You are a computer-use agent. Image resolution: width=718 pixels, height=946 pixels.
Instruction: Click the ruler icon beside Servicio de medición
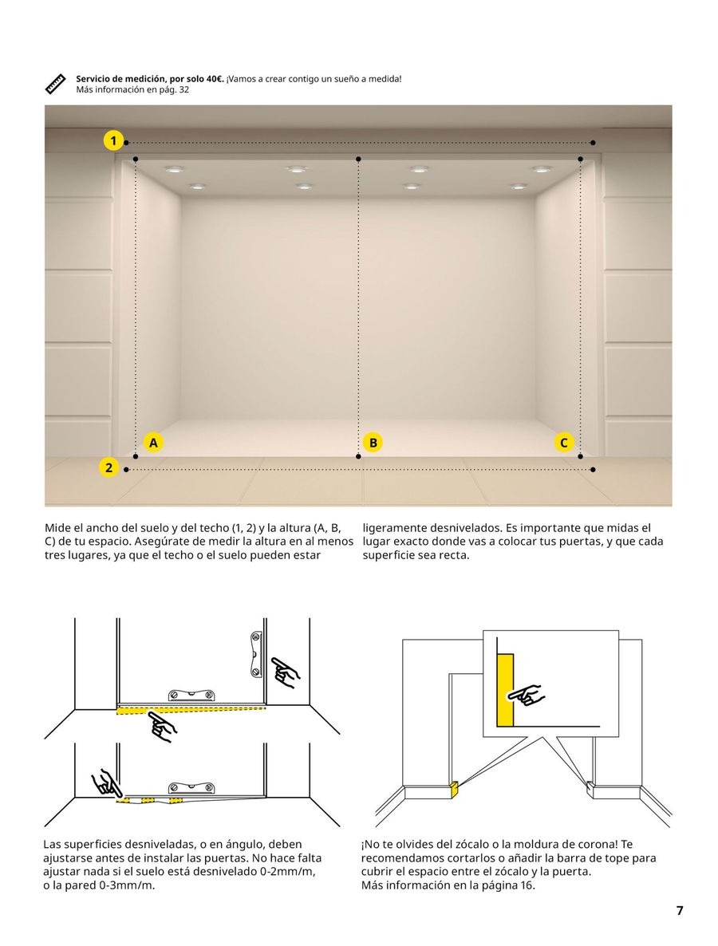tap(55, 84)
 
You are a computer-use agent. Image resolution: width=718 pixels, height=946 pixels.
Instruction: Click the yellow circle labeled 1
tap(113, 141)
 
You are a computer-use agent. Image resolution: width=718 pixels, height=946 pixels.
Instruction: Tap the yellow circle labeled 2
tap(109, 467)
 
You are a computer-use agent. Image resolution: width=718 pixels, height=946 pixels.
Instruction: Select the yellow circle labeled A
tap(153, 442)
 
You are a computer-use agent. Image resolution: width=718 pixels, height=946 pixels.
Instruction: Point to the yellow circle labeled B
tap(372, 442)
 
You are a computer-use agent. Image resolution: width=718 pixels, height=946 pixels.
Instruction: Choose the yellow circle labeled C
tap(564, 442)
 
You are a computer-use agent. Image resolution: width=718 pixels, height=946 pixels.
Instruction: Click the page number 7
tap(680, 910)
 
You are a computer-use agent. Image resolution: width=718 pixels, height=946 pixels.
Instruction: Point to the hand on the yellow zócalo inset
tap(527, 694)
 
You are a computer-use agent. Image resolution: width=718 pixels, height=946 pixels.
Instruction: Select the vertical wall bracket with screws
tap(256, 654)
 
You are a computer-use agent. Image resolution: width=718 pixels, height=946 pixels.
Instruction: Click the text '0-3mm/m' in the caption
tap(128, 885)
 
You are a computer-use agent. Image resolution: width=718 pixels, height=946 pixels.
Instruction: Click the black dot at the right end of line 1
tap(593, 143)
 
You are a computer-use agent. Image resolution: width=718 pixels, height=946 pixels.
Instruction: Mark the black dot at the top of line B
tap(358, 160)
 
